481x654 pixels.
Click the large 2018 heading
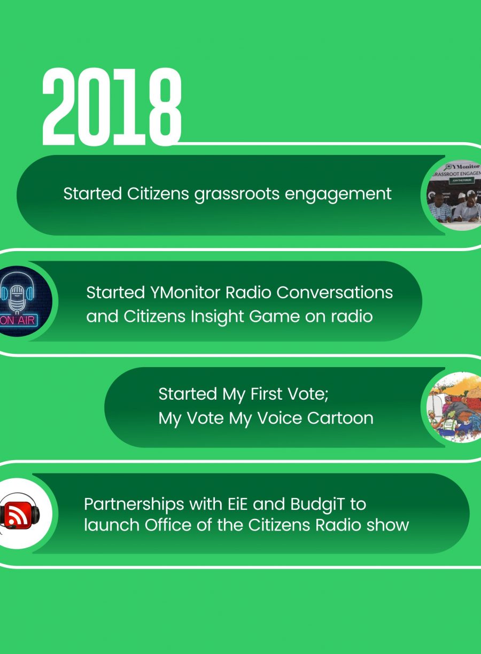[x=112, y=106]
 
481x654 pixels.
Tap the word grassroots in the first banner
[x=237, y=194]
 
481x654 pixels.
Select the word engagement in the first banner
[x=338, y=194]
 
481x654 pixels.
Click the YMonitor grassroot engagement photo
[x=454, y=195]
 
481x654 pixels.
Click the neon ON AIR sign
[x=18, y=320]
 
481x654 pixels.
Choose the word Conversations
[x=335, y=292]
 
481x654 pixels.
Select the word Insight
[x=217, y=317]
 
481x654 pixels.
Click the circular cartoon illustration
[x=454, y=407]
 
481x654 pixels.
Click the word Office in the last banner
[x=168, y=525]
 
